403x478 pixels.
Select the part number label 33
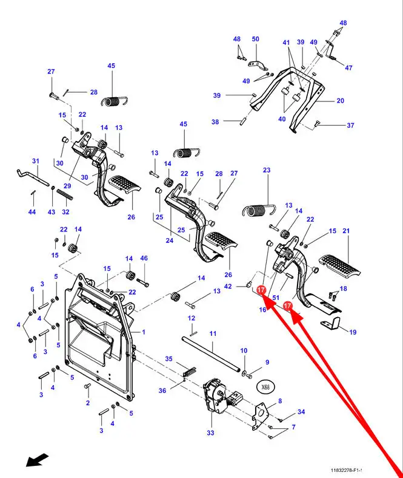click(x=210, y=433)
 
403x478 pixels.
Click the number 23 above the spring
click(x=266, y=171)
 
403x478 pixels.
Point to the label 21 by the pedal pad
click(x=347, y=231)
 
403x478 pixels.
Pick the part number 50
click(x=255, y=39)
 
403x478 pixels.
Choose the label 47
click(x=349, y=67)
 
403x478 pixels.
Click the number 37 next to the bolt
click(x=350, y=126)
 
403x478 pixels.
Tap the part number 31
click(x=35, y=161)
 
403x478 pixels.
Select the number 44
click(x=32, y=212)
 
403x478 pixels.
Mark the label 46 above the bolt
click(x=144, y=258)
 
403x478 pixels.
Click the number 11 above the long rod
click(x=213, y=334)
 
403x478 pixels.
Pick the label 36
click(x=162, y=391)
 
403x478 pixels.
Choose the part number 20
click(x=340, y=101)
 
